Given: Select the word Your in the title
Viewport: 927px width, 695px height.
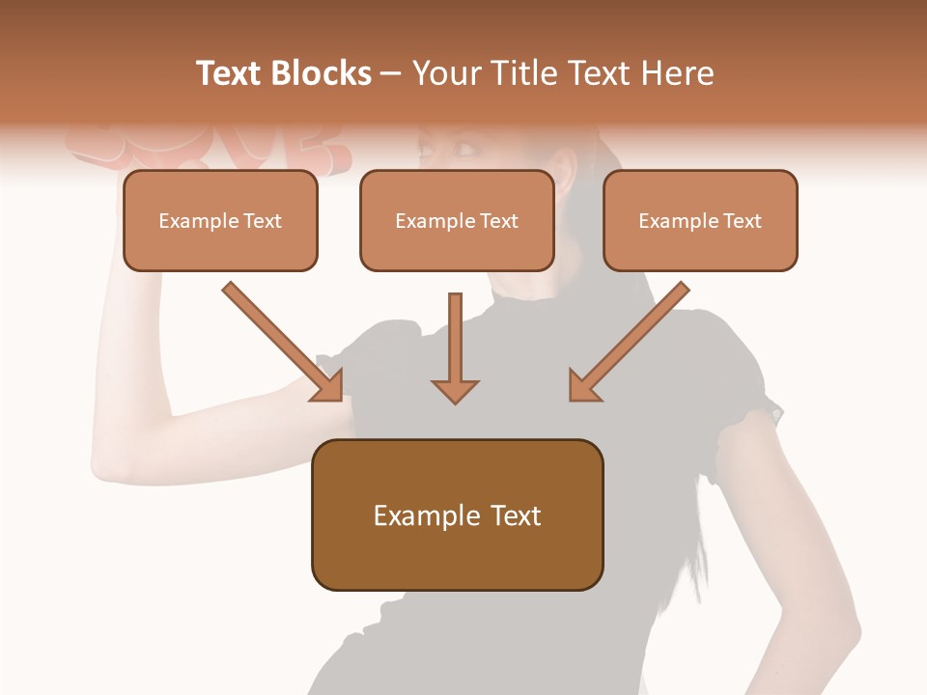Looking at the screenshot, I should [x=446, y=73].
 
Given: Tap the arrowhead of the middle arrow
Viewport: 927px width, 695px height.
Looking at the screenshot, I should [x=455, y=390].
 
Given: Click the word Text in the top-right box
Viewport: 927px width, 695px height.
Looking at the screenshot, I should [x=742, y=221].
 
